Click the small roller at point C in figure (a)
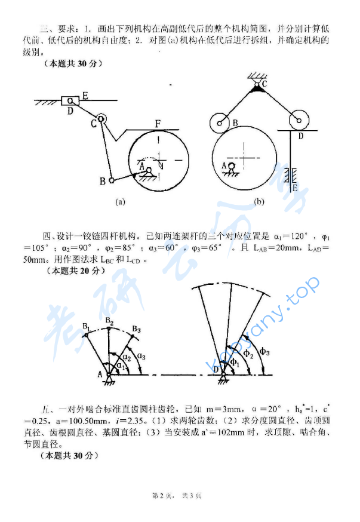(x=101, y=119)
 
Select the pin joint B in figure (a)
(x=111, y=180)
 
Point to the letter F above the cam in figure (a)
(x=158, y=124)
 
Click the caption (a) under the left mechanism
(x=120, y=202)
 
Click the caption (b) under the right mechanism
(x=259, y=202)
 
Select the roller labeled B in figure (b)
(x=221, y=124)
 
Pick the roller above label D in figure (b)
(x=297, y=121)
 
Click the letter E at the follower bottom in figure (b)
(x=294, y=188)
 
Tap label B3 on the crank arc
(x=136, y=329)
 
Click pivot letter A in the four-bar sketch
(x=100, y=374)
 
